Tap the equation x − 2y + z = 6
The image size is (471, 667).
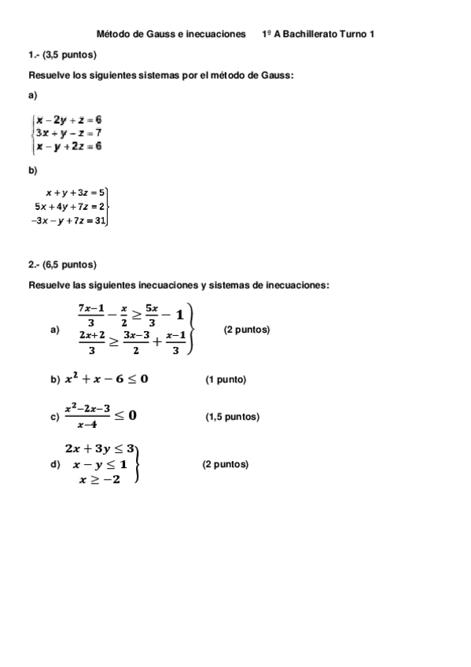tap(69, 120)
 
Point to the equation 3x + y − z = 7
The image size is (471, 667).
tap(68, 133)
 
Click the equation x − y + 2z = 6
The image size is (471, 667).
tap(68, 146)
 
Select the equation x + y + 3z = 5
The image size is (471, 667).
tap(75, 191)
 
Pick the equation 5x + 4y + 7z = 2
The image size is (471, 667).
tap(69, 206)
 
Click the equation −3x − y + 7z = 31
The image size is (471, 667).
tap(68, 220)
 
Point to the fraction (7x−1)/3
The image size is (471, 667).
tap(91, 315)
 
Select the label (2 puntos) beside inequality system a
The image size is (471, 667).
tap(247, 330)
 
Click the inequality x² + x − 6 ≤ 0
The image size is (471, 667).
tap(106, 379)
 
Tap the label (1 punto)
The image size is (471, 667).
tap(226, 380)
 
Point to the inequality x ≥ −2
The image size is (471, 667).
tap(99, 480)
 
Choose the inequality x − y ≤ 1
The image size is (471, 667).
tap(100, 464)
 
